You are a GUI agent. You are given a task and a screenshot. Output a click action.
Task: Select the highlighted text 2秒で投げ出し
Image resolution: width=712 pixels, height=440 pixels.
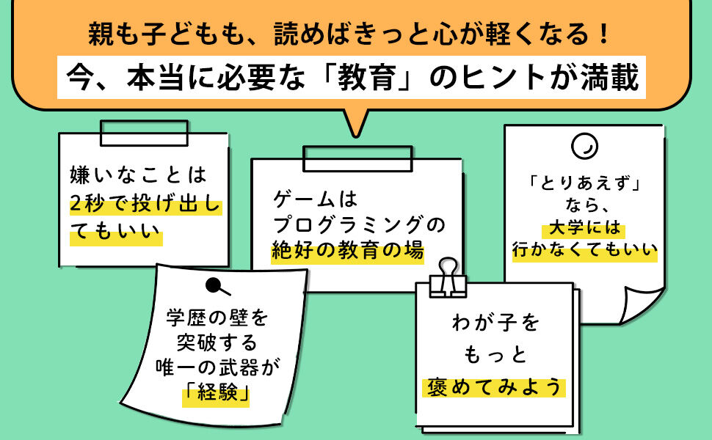pos(145,205)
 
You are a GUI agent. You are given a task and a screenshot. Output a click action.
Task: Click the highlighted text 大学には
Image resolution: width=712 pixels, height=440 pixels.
pos(585,227)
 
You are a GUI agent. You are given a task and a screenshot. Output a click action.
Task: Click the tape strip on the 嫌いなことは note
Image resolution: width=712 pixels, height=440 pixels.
pos(144,133)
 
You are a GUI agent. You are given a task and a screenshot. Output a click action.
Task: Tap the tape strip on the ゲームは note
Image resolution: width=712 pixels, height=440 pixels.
pos(357,157)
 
